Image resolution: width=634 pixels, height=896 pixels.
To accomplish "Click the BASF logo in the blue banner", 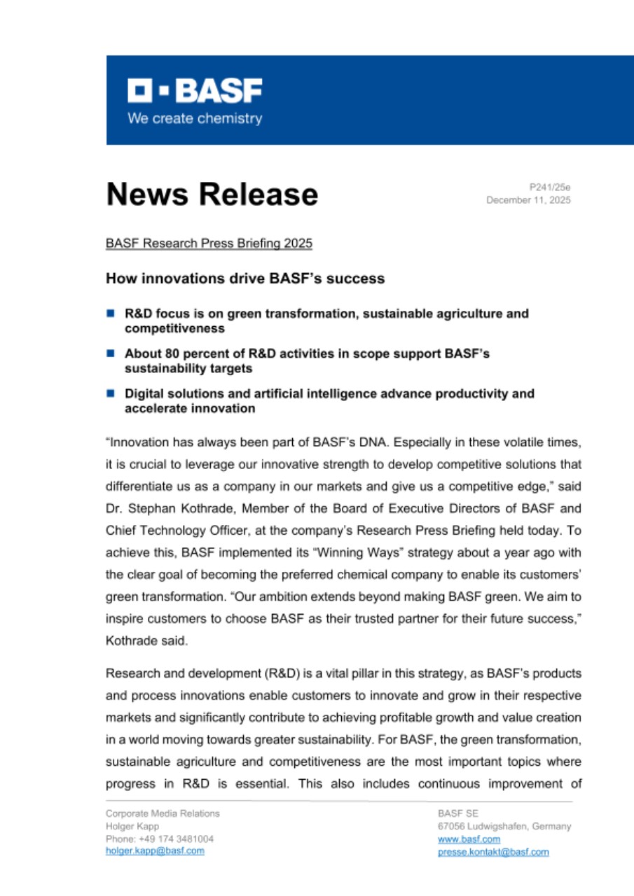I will pyautogui.click(x=195, y=91).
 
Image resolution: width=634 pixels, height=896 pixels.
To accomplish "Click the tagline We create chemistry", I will pyautogui.click(x=195, y=118).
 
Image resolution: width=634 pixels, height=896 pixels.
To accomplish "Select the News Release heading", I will pyautogui.click(x=212, y=194).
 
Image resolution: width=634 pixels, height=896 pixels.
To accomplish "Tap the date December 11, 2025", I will pyautogui.click(x=529, y=200).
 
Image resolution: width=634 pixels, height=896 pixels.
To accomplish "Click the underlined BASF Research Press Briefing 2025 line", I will pyautogui.click(x=209, y=244).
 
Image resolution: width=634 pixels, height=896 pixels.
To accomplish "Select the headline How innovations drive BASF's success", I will pyautogui.click(x=245, y=279).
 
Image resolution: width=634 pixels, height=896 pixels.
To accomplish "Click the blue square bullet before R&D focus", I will pyautogui.click(x=110, y=313).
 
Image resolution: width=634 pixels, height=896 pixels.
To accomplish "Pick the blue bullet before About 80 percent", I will pyautogui.click(x=110, y=353).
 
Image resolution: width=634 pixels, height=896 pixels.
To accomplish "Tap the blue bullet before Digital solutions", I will pyautogui.click(x=110, y=393).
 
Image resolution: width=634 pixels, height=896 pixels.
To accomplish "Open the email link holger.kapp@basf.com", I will pyautogui.click(x=155, y=850).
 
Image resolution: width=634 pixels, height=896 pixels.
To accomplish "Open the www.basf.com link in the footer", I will pyautogui.click(x=469, y=839).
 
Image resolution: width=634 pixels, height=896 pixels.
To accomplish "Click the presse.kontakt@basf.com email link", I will pyautogui.click(x=493, y=852).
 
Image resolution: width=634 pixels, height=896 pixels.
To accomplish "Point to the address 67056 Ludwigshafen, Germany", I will pyautogui.click(x=504, y=826).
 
